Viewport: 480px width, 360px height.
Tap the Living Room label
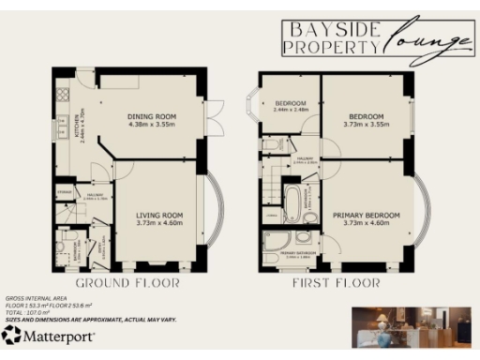click(x=158, y=217)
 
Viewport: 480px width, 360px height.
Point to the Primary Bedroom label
click(x=366, y=217)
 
